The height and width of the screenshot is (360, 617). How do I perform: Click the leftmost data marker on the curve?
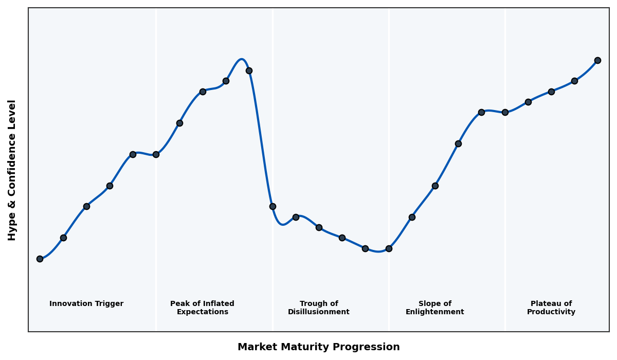40,259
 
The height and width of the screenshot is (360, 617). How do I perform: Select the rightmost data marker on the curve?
597,60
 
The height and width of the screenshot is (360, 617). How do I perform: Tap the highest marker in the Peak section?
249,70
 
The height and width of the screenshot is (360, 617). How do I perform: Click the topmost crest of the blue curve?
241,59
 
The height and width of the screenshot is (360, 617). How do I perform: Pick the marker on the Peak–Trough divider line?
273,206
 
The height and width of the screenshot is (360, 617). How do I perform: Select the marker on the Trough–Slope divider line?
389,248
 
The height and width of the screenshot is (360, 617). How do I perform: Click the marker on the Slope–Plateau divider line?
505,112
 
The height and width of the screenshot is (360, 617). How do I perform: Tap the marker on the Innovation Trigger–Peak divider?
156,154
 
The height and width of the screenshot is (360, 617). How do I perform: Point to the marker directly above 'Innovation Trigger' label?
86,206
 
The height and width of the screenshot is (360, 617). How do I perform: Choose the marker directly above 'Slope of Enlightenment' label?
435,186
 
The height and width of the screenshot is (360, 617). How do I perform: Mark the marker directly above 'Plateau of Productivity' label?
551,92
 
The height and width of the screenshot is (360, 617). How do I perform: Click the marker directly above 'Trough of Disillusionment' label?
319,227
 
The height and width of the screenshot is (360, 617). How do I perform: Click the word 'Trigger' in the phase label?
108,304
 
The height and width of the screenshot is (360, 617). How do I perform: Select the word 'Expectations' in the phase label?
202,312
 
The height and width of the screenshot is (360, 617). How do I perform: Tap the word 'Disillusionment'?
319,312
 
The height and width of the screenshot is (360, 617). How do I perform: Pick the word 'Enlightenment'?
435,312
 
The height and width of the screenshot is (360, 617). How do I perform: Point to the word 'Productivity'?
551,312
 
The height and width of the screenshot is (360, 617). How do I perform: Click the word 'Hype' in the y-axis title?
12,228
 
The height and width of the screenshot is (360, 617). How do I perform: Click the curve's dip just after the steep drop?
282,224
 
